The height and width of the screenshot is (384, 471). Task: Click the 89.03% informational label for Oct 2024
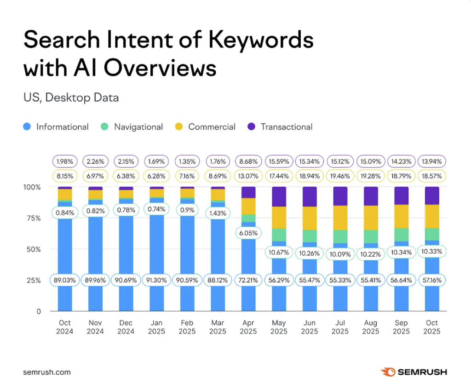pyautogui.click(x=65, y=280)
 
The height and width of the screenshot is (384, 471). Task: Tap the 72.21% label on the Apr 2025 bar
pyautogui.click(x=248, y=280)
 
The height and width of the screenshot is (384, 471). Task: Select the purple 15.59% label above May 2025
pyautogui.click(x=279, y=161)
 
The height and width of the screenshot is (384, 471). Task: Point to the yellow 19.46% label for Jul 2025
pyautogui.click(x=340, y=175)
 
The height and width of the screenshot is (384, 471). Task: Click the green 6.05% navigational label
pyautogui.click(x=248, y=233)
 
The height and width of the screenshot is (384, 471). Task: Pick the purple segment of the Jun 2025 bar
pyautogui.click(x=310, y=196)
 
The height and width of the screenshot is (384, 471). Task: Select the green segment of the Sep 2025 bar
pyautogui.click(x=401, y=235)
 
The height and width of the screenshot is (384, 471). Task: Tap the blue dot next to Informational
pyautogui.click(x=27, y=127)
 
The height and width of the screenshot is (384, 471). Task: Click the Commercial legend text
pyautogui.click(x=212, y=127)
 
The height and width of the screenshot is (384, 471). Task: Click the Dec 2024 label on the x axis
pyautogui.click(x=126, y=327)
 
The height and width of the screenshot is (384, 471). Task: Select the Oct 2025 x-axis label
pyautogui.click(x=431, y=327)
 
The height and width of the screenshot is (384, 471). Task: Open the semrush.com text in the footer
pyautogui.click(x=47, y=372)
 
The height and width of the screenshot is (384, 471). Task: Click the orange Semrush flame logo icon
pyautogui.click(x=387, y=372)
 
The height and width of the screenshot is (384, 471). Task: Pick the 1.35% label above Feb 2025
pyautogui.click(x=187, y=161)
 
